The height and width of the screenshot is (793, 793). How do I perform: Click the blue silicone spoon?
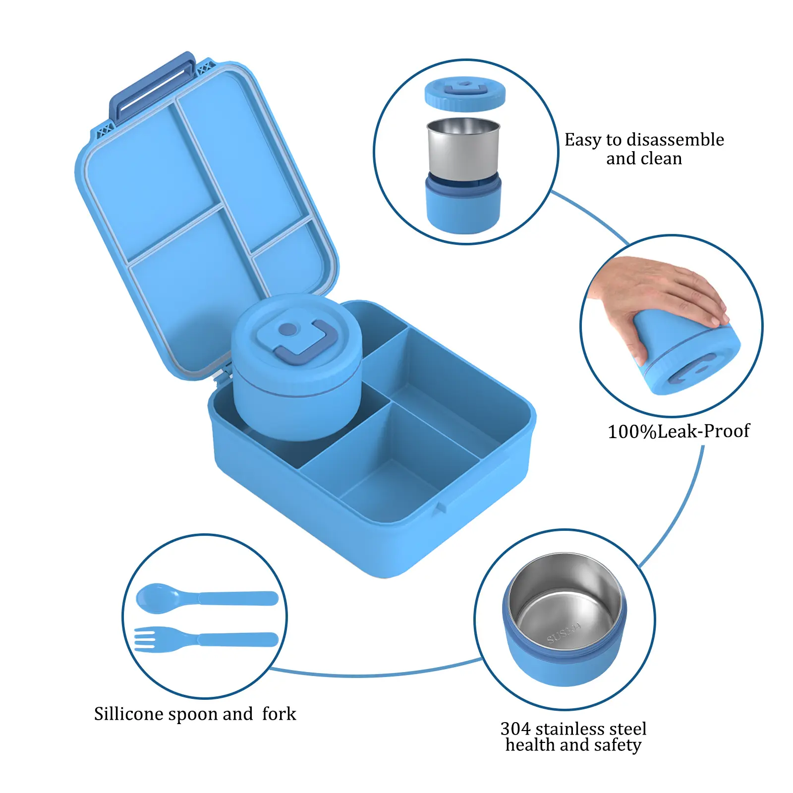[x=207, y=598]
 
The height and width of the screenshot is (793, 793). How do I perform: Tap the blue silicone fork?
[x=206, y=639]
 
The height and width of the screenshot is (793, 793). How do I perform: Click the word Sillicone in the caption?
[x=129, y=714]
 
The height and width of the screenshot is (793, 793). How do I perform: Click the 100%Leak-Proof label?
[x=679, y=431]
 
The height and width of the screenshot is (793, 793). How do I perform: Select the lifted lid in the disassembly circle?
[x=465, y=93]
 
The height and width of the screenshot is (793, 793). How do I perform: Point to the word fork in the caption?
[x=279, y=714]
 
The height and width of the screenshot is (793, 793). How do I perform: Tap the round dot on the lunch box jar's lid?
[x=288, y=329]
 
